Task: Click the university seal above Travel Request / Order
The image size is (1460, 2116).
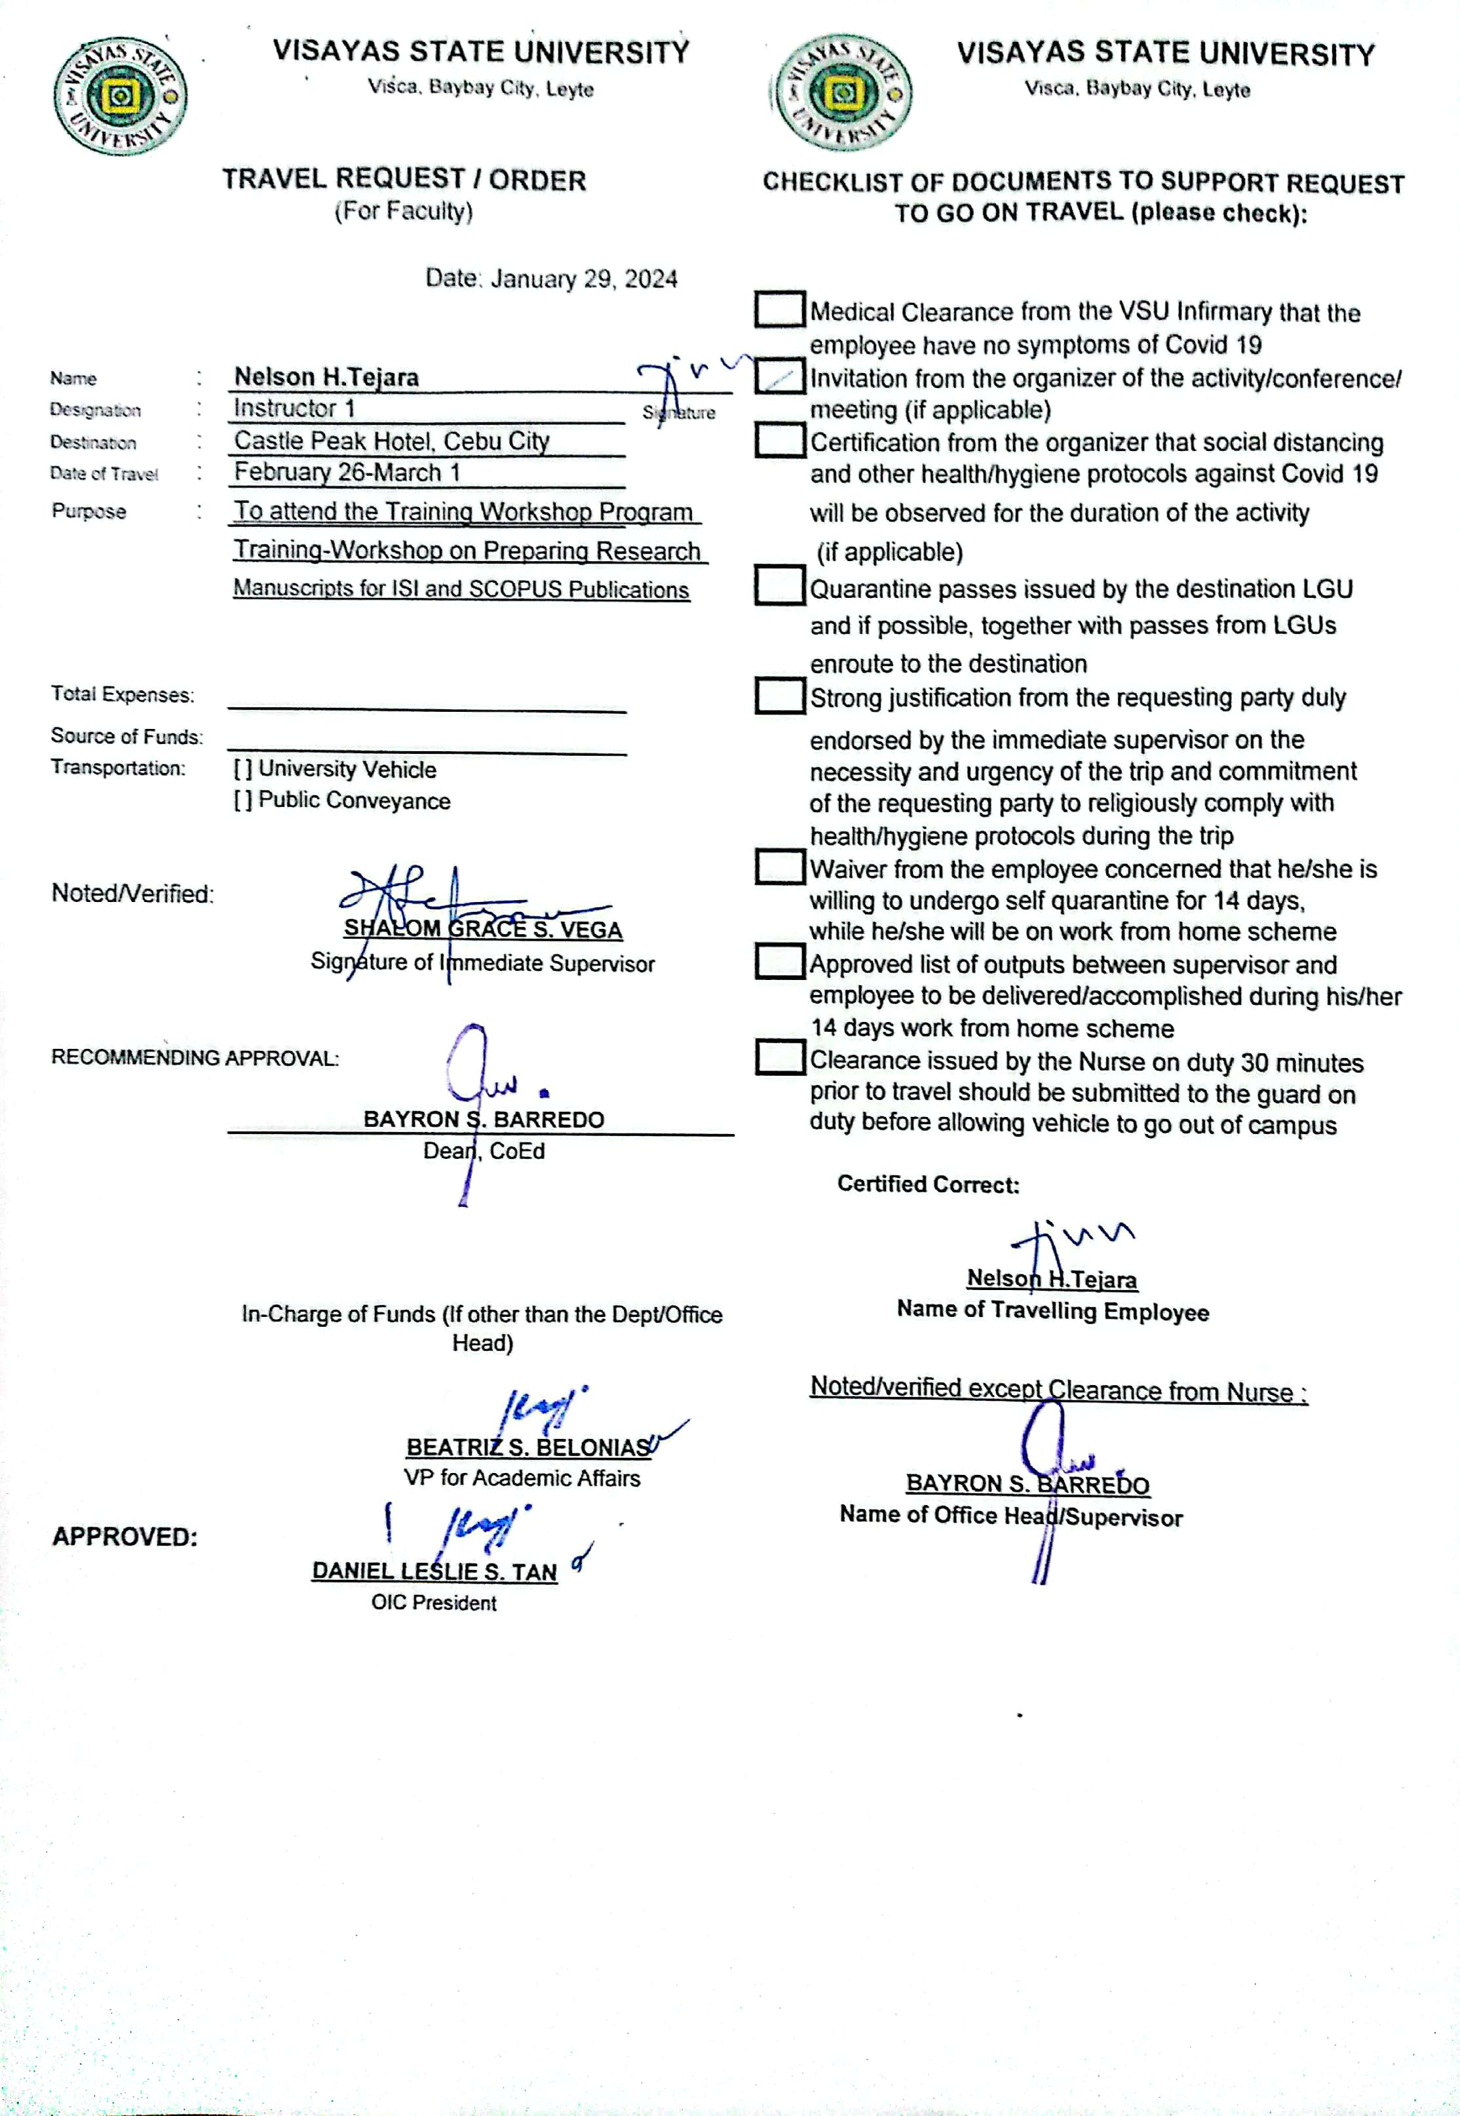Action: (120, 96)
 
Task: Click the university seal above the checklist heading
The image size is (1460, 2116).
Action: (843, 93)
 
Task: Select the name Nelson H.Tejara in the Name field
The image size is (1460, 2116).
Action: (326, 377)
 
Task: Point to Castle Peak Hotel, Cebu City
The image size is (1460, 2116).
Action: (391, 441)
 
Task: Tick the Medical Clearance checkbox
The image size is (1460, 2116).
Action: (778, 309)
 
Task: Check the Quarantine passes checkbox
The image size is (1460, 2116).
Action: (778, 585)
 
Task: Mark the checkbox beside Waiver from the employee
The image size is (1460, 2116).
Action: (778, 867)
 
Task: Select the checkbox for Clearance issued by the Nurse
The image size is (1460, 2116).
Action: (778, 1057)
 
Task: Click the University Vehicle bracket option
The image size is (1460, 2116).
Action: (242, 770)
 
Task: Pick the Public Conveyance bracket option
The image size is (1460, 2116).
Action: (242, 800)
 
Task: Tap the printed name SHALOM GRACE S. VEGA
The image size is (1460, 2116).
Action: (483, 930)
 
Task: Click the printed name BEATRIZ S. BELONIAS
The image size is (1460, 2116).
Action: (528, 1447)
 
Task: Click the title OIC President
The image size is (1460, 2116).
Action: (434, 1603)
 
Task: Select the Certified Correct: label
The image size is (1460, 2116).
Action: (928, 1185)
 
